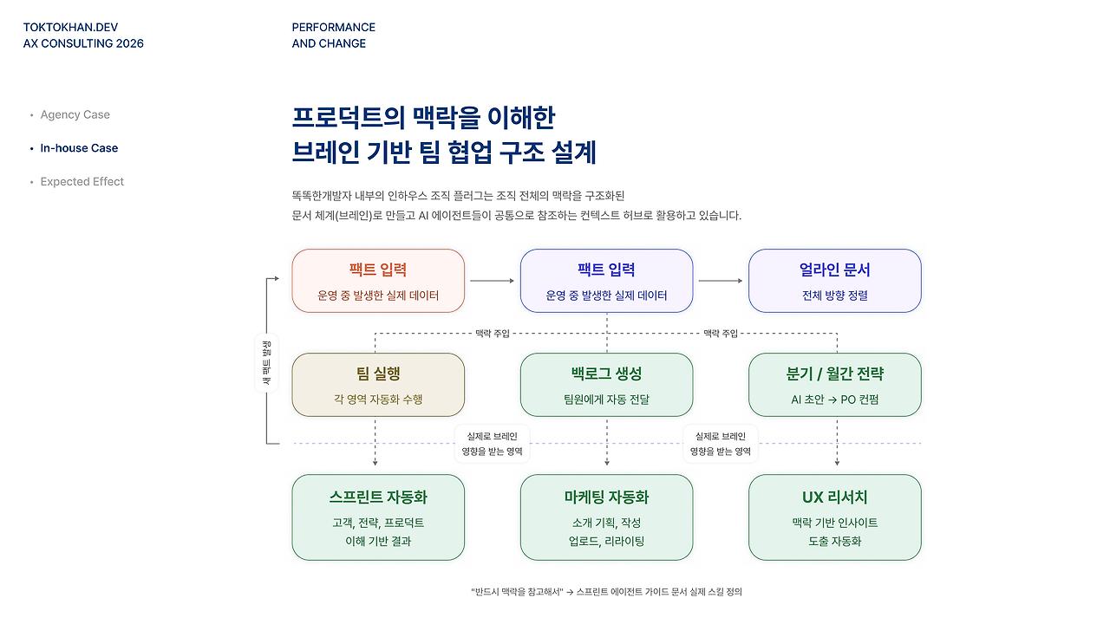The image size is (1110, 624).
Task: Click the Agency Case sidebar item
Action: pyautogui.click(x=75, y=114)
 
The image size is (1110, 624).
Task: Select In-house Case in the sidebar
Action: pyautogui.click(x=79, y=148)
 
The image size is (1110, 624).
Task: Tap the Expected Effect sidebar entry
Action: pyautogui.click(x=82, y=182)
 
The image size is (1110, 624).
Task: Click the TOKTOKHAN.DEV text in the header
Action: pyautogui.click(x=71, y=27)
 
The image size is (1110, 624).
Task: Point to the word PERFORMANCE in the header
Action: pyautogui.click(x=334, y=27)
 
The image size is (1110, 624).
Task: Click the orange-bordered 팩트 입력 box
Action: pyautogui.click(x=378, y=281)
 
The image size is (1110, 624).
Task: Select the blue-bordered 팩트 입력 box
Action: pyautogui.click(x=606, y=281)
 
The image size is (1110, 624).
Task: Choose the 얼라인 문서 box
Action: pyautogui.click(x=834, y=281)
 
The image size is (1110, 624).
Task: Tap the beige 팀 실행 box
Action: pyautogui.click(x=378, y=385)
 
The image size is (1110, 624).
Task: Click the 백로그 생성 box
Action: pyautogui.click(x=606, y=385)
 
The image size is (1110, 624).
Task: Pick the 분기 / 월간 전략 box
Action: pyautogui.click(x=834, y=385)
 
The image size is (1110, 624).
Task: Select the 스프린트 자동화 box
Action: pyautogui.click(x=378, y=517)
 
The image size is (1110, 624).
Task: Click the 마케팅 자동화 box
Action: pyautogui.click(x=606, y=517)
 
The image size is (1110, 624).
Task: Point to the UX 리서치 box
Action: pyautogui.click(x=834, y=517)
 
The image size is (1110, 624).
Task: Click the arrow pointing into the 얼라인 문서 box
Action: pyautogui.click(x=721, y=281)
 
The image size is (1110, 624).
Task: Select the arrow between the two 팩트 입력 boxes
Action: pyautogui.click(x=493, y=281)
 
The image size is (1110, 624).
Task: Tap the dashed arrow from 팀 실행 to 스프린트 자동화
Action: pyautogui.click(x=375, y=444)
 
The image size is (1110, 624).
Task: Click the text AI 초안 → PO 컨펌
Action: pyautogui.click(x=834, y=400)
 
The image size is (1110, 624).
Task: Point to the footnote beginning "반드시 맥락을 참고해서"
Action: pyautogui.click(x=606, y=592)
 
